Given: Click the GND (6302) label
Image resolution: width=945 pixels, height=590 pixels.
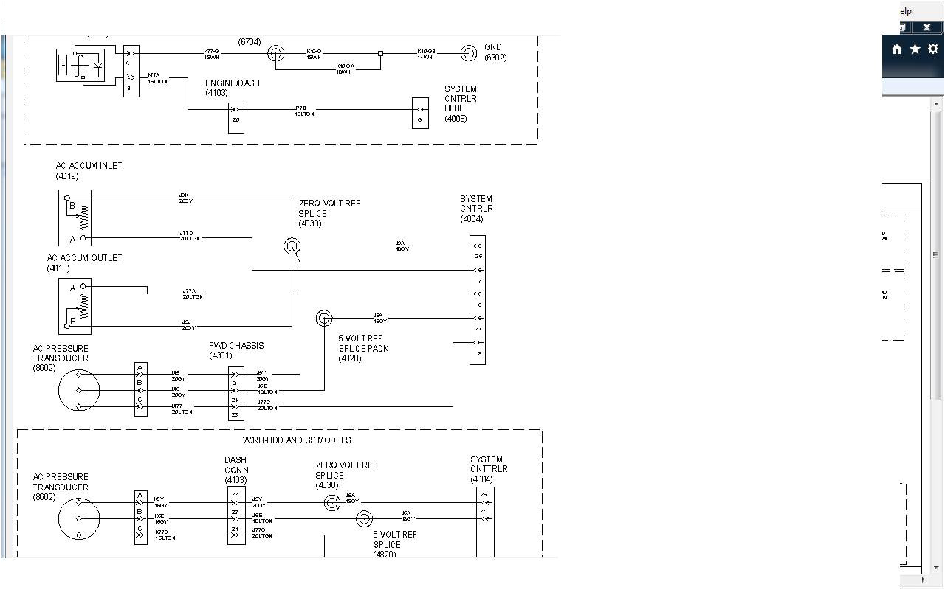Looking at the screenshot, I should [495, 52].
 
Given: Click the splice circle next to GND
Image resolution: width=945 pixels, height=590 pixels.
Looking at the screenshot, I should [468, 53].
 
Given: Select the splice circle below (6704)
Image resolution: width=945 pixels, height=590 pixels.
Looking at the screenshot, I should [275, 53].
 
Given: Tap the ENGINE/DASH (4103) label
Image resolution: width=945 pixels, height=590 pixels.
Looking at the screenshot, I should [232, 88].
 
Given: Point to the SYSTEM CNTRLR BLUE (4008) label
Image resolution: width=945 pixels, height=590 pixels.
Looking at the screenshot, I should [461, 104].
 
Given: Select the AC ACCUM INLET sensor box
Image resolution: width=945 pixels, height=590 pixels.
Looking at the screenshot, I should [75, 218].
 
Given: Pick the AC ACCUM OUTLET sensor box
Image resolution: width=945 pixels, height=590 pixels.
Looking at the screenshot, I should [75, 306].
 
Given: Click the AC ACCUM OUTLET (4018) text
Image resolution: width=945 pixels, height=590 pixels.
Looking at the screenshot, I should [84, 263].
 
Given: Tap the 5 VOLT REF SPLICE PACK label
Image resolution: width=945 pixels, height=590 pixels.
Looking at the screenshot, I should [362, 349].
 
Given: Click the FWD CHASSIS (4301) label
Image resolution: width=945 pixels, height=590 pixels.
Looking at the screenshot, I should [236, 350].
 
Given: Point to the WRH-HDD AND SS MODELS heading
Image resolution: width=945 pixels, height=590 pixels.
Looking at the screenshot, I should [297, 440].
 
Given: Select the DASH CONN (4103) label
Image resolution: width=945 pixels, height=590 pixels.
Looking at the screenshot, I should [236, 470].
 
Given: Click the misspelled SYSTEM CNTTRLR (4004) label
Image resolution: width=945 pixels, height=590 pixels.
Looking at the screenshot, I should [489, 469].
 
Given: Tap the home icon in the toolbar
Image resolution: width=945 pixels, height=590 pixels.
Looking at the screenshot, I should [897, 49].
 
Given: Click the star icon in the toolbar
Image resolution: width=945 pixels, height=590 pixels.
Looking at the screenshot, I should [915, 49].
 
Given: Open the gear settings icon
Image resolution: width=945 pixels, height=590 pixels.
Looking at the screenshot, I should [933, 49].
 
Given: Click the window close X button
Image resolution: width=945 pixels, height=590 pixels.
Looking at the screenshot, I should [927, 27].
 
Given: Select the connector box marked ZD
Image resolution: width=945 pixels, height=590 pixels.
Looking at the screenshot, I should [236, 119].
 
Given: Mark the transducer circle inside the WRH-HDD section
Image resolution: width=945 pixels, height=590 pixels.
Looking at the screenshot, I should [78, 518].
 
